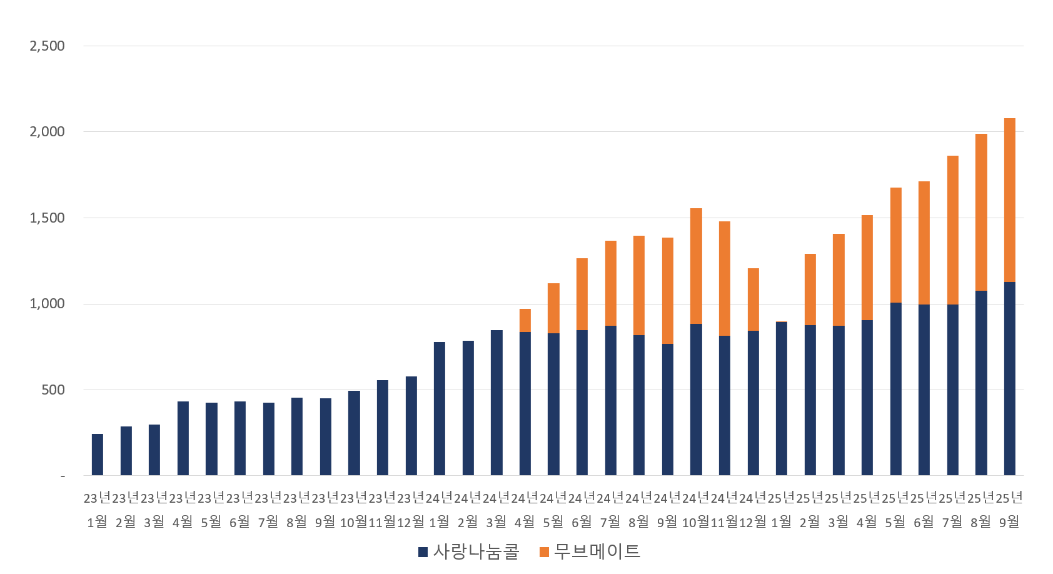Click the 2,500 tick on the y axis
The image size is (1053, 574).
tap(48, 46)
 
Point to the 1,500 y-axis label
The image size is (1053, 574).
tap(48, 218)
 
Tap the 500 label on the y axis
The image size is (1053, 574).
tap(53, 390)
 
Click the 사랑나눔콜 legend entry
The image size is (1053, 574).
tap(469, 551)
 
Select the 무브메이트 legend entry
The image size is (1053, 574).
tap(590, 551)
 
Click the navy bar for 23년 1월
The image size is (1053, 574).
tap(98, 455)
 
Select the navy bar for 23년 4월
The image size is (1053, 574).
tap(183, 438)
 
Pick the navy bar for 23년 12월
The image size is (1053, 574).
tap(411, 426)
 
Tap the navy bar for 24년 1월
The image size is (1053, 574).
tap(440, 408)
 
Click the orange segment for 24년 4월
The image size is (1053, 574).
tap(525, 320)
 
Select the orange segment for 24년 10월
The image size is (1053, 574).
tap(696, 266)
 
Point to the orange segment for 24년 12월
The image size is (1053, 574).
tap(753, 300)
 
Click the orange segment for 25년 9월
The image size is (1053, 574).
tap(1009, 200)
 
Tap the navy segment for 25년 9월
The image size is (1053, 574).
tap(1009, 378)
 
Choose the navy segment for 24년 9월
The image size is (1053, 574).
tap(668, 410)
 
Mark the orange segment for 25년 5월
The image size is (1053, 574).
tap(895, 245)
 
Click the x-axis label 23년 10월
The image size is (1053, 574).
tap(354, 510)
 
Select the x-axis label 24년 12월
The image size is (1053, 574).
tap(753, 510)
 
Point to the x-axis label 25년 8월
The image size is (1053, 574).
tap(980, 510)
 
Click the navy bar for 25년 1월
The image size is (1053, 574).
tap(782, 399)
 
